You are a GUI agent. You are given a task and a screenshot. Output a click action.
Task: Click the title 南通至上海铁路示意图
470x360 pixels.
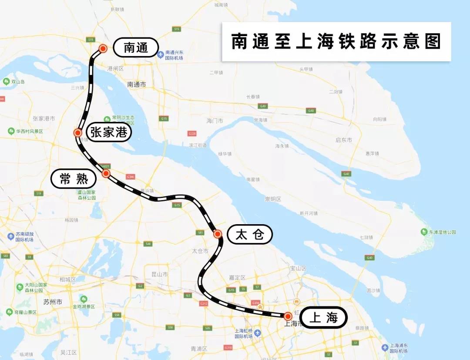[x=336, y=41]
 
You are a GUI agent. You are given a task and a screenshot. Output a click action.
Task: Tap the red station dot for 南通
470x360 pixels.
[x=103, y=48]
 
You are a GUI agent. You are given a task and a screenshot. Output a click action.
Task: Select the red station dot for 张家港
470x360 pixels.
[x=78, y=133]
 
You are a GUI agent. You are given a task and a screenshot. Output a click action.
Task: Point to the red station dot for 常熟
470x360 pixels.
[x=106, y=173]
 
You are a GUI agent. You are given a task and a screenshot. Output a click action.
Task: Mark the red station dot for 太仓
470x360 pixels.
[x=218, y=234]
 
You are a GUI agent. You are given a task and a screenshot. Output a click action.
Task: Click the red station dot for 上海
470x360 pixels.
[x=288, y=316]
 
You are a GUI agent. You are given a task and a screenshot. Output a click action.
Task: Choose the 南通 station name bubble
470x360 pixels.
[x=136, y=47]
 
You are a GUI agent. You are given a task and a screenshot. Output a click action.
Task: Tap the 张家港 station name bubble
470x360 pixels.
[x=109, y=132]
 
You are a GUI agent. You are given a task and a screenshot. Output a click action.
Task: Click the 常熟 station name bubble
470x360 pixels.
[x=74, y=178]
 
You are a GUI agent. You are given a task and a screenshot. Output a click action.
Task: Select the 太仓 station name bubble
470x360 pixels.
[x=250, y=235]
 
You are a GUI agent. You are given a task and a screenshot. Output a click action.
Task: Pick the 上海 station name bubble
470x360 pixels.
[x=323, y=317]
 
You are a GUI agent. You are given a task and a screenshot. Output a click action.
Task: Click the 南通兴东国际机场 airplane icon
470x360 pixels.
[x=161, y=55]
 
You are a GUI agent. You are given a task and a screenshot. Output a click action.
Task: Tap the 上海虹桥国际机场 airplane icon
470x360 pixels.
[x=258, y=333]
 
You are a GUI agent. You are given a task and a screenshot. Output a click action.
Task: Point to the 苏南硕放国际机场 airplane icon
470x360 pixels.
[x=11, y=236]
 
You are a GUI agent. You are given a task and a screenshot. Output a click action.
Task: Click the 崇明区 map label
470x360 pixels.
[x=273, y=199]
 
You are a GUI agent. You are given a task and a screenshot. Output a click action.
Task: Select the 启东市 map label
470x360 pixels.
[x=344, y=140]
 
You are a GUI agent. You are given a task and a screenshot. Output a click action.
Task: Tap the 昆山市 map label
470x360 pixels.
[x=159, y=274]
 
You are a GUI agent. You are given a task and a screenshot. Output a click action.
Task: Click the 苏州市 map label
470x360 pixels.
[x=53, y=302]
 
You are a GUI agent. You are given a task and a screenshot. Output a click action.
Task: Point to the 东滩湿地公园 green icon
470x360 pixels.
[x=424, y=232]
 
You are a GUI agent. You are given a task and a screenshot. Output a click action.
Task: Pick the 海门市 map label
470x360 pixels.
[x=215, y=121]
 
